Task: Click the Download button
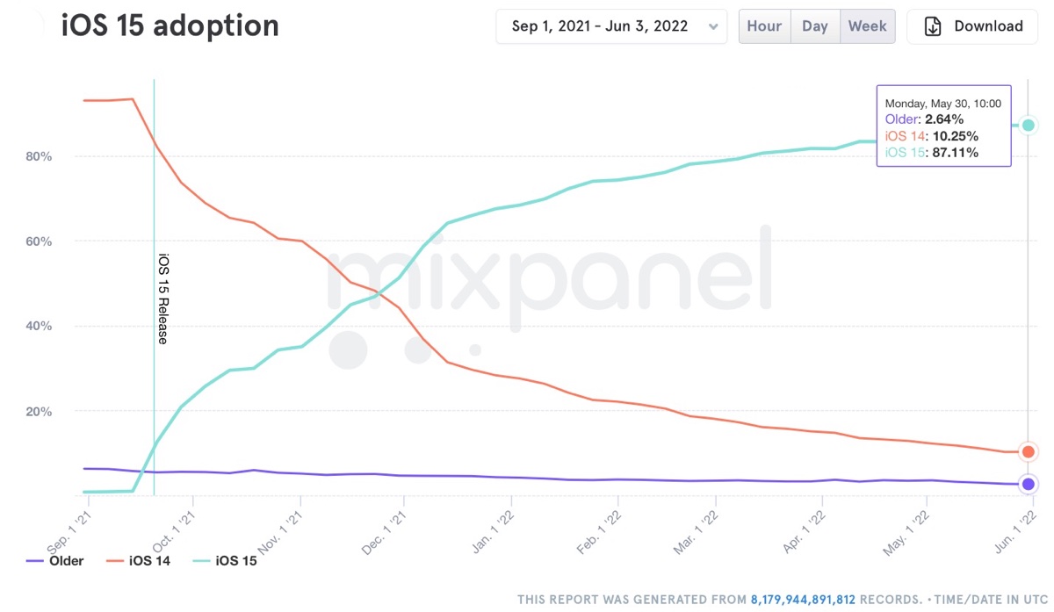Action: point(972,26)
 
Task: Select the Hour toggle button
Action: point(764,26)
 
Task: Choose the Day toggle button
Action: point(815,26)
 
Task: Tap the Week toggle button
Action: point(867,26)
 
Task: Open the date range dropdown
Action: point(611,26)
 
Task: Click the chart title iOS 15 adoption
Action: point(170,26)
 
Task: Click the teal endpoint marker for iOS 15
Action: point(1029,126)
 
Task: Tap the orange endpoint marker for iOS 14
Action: point(1029,451)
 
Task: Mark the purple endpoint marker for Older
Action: point(1029,484)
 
